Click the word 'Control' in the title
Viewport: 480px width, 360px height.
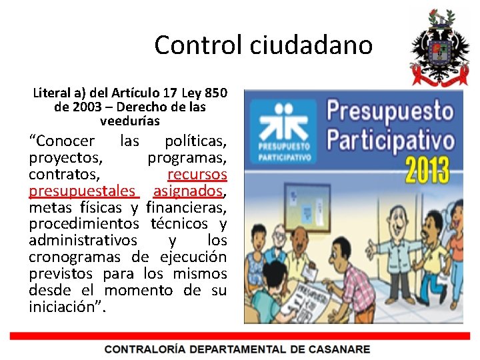point(199,45)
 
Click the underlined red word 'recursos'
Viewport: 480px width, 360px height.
point(197,175)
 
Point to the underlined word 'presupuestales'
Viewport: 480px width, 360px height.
point(81,191)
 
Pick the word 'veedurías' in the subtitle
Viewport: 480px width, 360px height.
point(130,121)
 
